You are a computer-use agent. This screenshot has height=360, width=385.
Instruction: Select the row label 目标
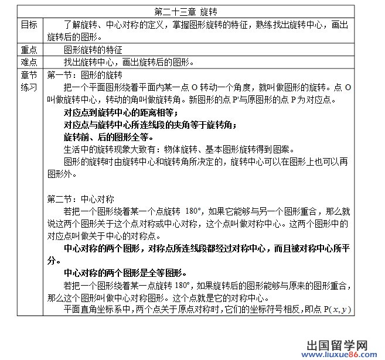point(29,25)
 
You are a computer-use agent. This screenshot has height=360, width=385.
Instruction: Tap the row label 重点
point(29,50)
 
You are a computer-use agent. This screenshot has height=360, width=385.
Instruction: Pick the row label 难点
point(29,62)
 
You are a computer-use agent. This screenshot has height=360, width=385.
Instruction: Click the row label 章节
point(29,75)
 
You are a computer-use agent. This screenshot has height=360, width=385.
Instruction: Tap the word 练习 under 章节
point(29,87)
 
